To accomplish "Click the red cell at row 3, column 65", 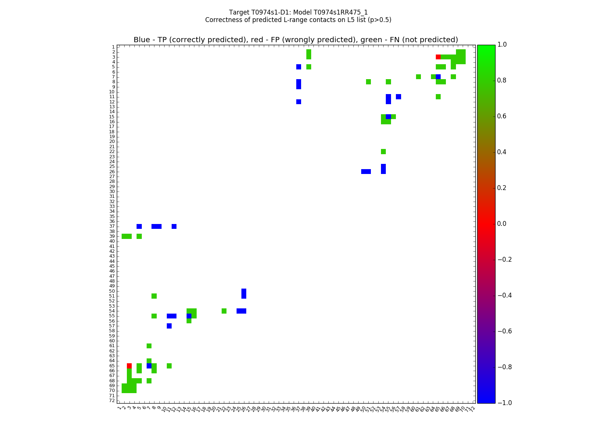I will tap(438, 57).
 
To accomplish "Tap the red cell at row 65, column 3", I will tap(129, 365).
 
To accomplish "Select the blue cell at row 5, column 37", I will tap(298, 67).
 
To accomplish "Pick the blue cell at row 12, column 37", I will tap(298, 102).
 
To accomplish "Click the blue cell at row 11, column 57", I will tap(398, 97).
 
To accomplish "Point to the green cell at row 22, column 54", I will tap(383, 152).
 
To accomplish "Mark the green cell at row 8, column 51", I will tap(368, 82).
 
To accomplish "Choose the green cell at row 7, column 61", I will tap(418, 77).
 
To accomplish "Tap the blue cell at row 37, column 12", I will tap(174, 226).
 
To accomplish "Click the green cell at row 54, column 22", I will tap(224, 311).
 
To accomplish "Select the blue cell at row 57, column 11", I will tap(169, 326).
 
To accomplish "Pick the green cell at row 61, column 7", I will tap(149, 346).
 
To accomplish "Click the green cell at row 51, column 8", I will tap(154, 296).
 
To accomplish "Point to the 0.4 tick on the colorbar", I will tap(496, 152).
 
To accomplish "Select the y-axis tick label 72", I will tap(112, 401).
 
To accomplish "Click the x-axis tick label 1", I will tap(119, 408).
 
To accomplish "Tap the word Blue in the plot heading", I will tap(141, 40).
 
